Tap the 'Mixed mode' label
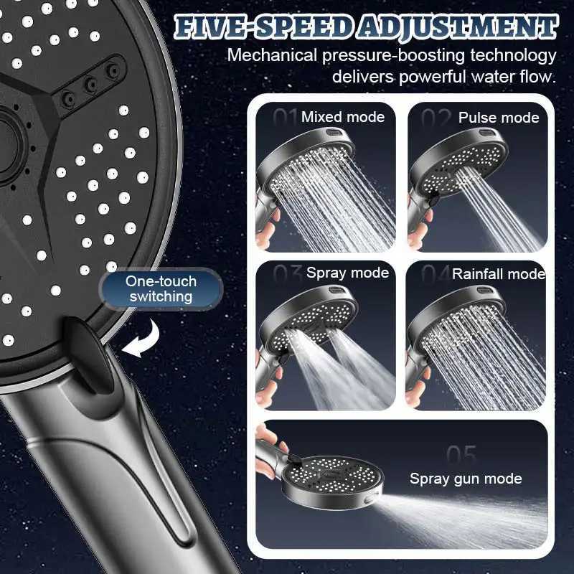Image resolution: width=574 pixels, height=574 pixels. point(343,117)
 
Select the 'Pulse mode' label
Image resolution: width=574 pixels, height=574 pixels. point(499,118)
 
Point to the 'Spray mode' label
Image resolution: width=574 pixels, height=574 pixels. point(347,273)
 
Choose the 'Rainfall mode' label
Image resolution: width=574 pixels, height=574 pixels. point(499,273)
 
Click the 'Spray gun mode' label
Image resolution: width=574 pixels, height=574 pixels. point(466,479)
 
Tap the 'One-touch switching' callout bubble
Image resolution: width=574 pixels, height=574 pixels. point(159,288)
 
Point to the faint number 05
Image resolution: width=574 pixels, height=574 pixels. point(461,455)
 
